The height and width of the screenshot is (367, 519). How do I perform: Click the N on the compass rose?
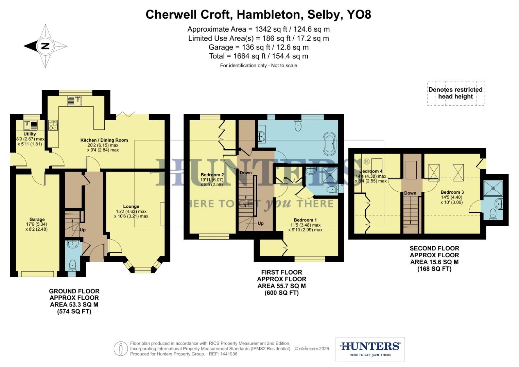click(x=45, y=46)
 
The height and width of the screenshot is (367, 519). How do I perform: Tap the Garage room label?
click(x=37, y=220)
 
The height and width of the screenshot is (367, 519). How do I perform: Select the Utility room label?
click(x=30, y=134)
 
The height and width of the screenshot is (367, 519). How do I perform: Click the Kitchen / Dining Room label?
click(x=104, y=140)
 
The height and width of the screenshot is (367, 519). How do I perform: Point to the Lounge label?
click(x=131, y=206)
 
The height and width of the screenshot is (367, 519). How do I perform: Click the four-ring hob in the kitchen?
click(x=53, y=125)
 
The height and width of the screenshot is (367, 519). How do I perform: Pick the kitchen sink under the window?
click(x=75, y=101)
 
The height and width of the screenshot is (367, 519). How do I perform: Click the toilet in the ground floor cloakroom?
click(x=72, y=264)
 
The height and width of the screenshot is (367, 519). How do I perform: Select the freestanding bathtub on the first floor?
click(x=330, y=143)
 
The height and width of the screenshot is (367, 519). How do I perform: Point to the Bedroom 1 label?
click(x=305, y=220)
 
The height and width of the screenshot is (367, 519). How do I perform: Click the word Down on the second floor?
click(x=410, y=193)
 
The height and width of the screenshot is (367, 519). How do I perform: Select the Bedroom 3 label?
click(x=452, y=192)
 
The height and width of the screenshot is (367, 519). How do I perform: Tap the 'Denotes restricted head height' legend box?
click(x=455, y=93)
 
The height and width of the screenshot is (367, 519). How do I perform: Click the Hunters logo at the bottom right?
click(x=370, y=349)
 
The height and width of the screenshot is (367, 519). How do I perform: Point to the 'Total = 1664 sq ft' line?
click(x=259, y=56)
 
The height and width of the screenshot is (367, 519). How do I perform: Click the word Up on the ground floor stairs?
click(x=83, y=230)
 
